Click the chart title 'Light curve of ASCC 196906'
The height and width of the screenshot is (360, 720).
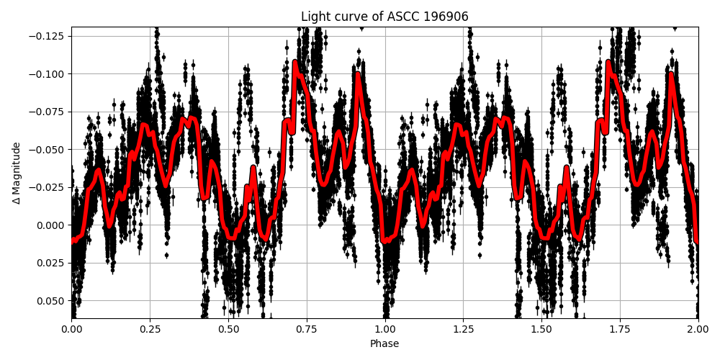point(384,17)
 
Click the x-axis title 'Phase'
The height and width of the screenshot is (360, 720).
point(384,344)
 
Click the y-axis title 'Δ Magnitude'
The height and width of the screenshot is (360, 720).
point(17,173)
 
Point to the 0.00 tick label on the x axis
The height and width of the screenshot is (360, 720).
point(71,329)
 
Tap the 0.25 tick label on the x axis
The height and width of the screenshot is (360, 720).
point(150,329)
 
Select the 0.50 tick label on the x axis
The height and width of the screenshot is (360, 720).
point(228,329)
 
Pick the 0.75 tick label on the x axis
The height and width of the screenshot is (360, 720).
point(307,329)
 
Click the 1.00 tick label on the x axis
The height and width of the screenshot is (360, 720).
point(384,329)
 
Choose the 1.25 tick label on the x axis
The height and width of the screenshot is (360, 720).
point(463,329)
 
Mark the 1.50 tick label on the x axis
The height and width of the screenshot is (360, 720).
point(541,329)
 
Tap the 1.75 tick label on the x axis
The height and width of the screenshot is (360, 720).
point(620,329)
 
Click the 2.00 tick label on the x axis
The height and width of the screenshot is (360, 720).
point(698,329)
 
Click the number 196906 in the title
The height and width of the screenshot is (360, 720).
point(446,17)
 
